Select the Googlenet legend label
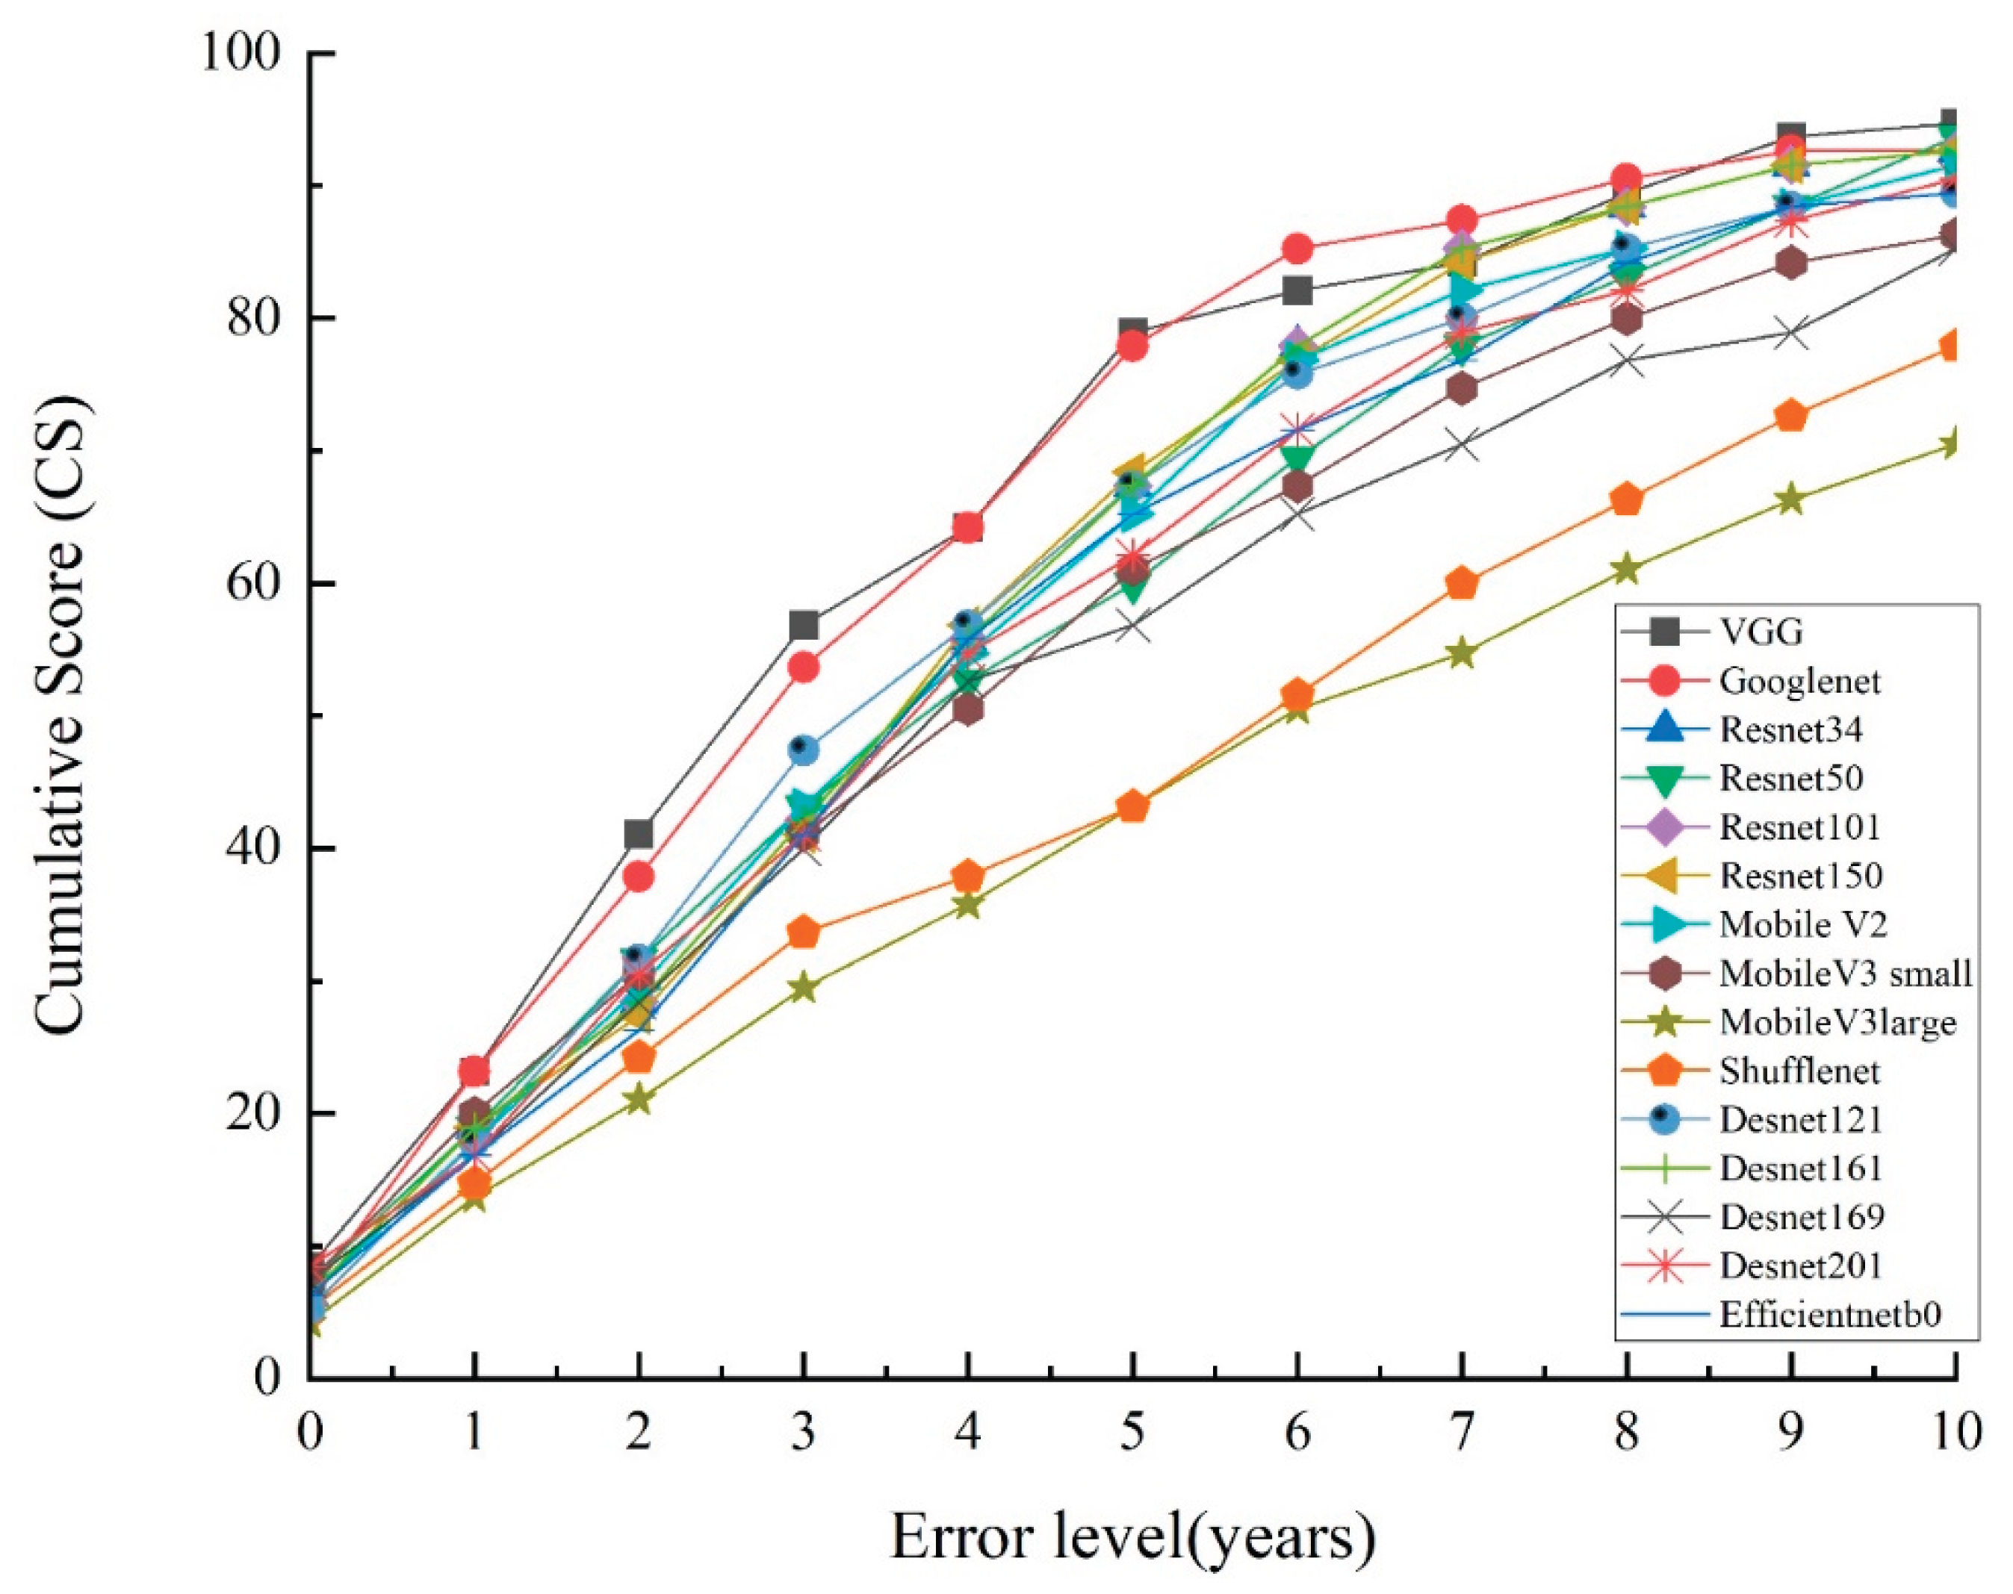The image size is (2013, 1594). click(x=1799, y=680)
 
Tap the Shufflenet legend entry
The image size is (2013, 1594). click(x=1799, y=1071)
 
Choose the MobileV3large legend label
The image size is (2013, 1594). click(x=1837, y=1022)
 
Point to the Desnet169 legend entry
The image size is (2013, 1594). click(x=1801, y=1217)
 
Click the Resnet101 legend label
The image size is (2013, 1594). click(x=1799, y=827)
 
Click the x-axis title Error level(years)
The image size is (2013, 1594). click(x=1132, y=1537)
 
